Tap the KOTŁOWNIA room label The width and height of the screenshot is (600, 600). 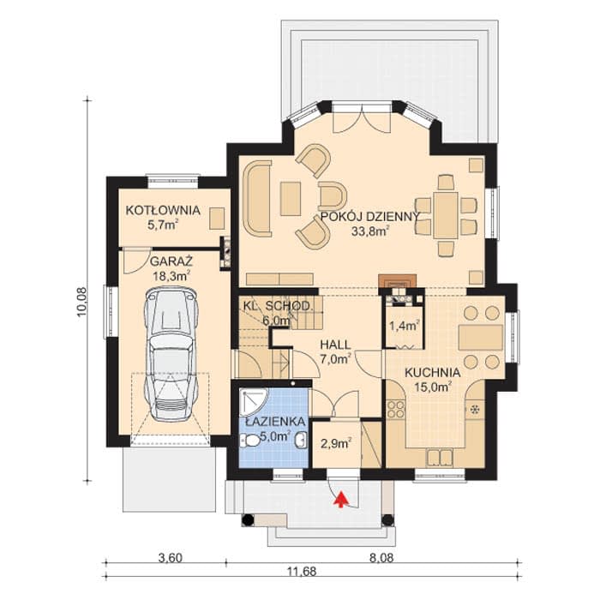pos(163,211)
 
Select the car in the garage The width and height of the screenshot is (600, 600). pos(171,355)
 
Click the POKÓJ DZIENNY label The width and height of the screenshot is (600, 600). pos(370,217)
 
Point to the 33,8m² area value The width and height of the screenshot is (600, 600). pos(370,231)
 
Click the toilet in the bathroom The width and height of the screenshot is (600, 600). pos(249,441)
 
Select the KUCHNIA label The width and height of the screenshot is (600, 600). pos(432,373)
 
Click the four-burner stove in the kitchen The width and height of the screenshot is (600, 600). pos(396,409)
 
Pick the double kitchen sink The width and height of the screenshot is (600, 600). pos(440,457)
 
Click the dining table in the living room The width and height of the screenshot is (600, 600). pos(446,215)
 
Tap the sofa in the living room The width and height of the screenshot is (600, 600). pos(257,198)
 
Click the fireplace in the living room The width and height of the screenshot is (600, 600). pos(397,281)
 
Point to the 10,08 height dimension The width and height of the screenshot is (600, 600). pos(82,303)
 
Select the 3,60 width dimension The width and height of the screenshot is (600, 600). pos(171,558)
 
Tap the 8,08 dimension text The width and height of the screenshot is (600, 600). pos(381,558)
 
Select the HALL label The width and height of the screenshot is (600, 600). pos(335,345)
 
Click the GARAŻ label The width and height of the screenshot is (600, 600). pos(171,261)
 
